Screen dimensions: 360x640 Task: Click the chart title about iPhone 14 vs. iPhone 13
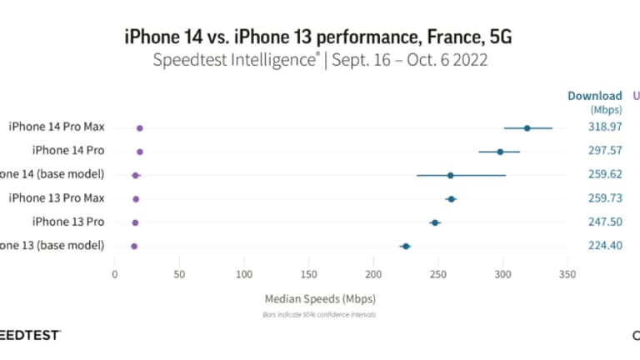[321, 37]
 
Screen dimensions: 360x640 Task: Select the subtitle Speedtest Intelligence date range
[321, 61]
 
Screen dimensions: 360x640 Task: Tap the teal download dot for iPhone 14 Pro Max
[527, 128]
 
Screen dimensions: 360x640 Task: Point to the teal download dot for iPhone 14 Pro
[500, 152]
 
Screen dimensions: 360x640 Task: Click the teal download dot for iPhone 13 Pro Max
[451, 199]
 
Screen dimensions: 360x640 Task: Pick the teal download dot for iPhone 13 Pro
[435, 222]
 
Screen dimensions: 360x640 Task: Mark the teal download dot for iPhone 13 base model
[405, 247]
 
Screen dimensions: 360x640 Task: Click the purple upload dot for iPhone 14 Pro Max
[140, 128]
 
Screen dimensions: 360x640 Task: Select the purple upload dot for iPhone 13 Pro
[136, 222]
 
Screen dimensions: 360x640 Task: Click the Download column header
[595, 96]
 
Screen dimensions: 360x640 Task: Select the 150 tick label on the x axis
[308, 273]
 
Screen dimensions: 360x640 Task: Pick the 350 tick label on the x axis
[567, 273]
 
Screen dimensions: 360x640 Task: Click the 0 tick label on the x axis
[115, 273]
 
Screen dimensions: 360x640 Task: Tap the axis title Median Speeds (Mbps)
[320, 298]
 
